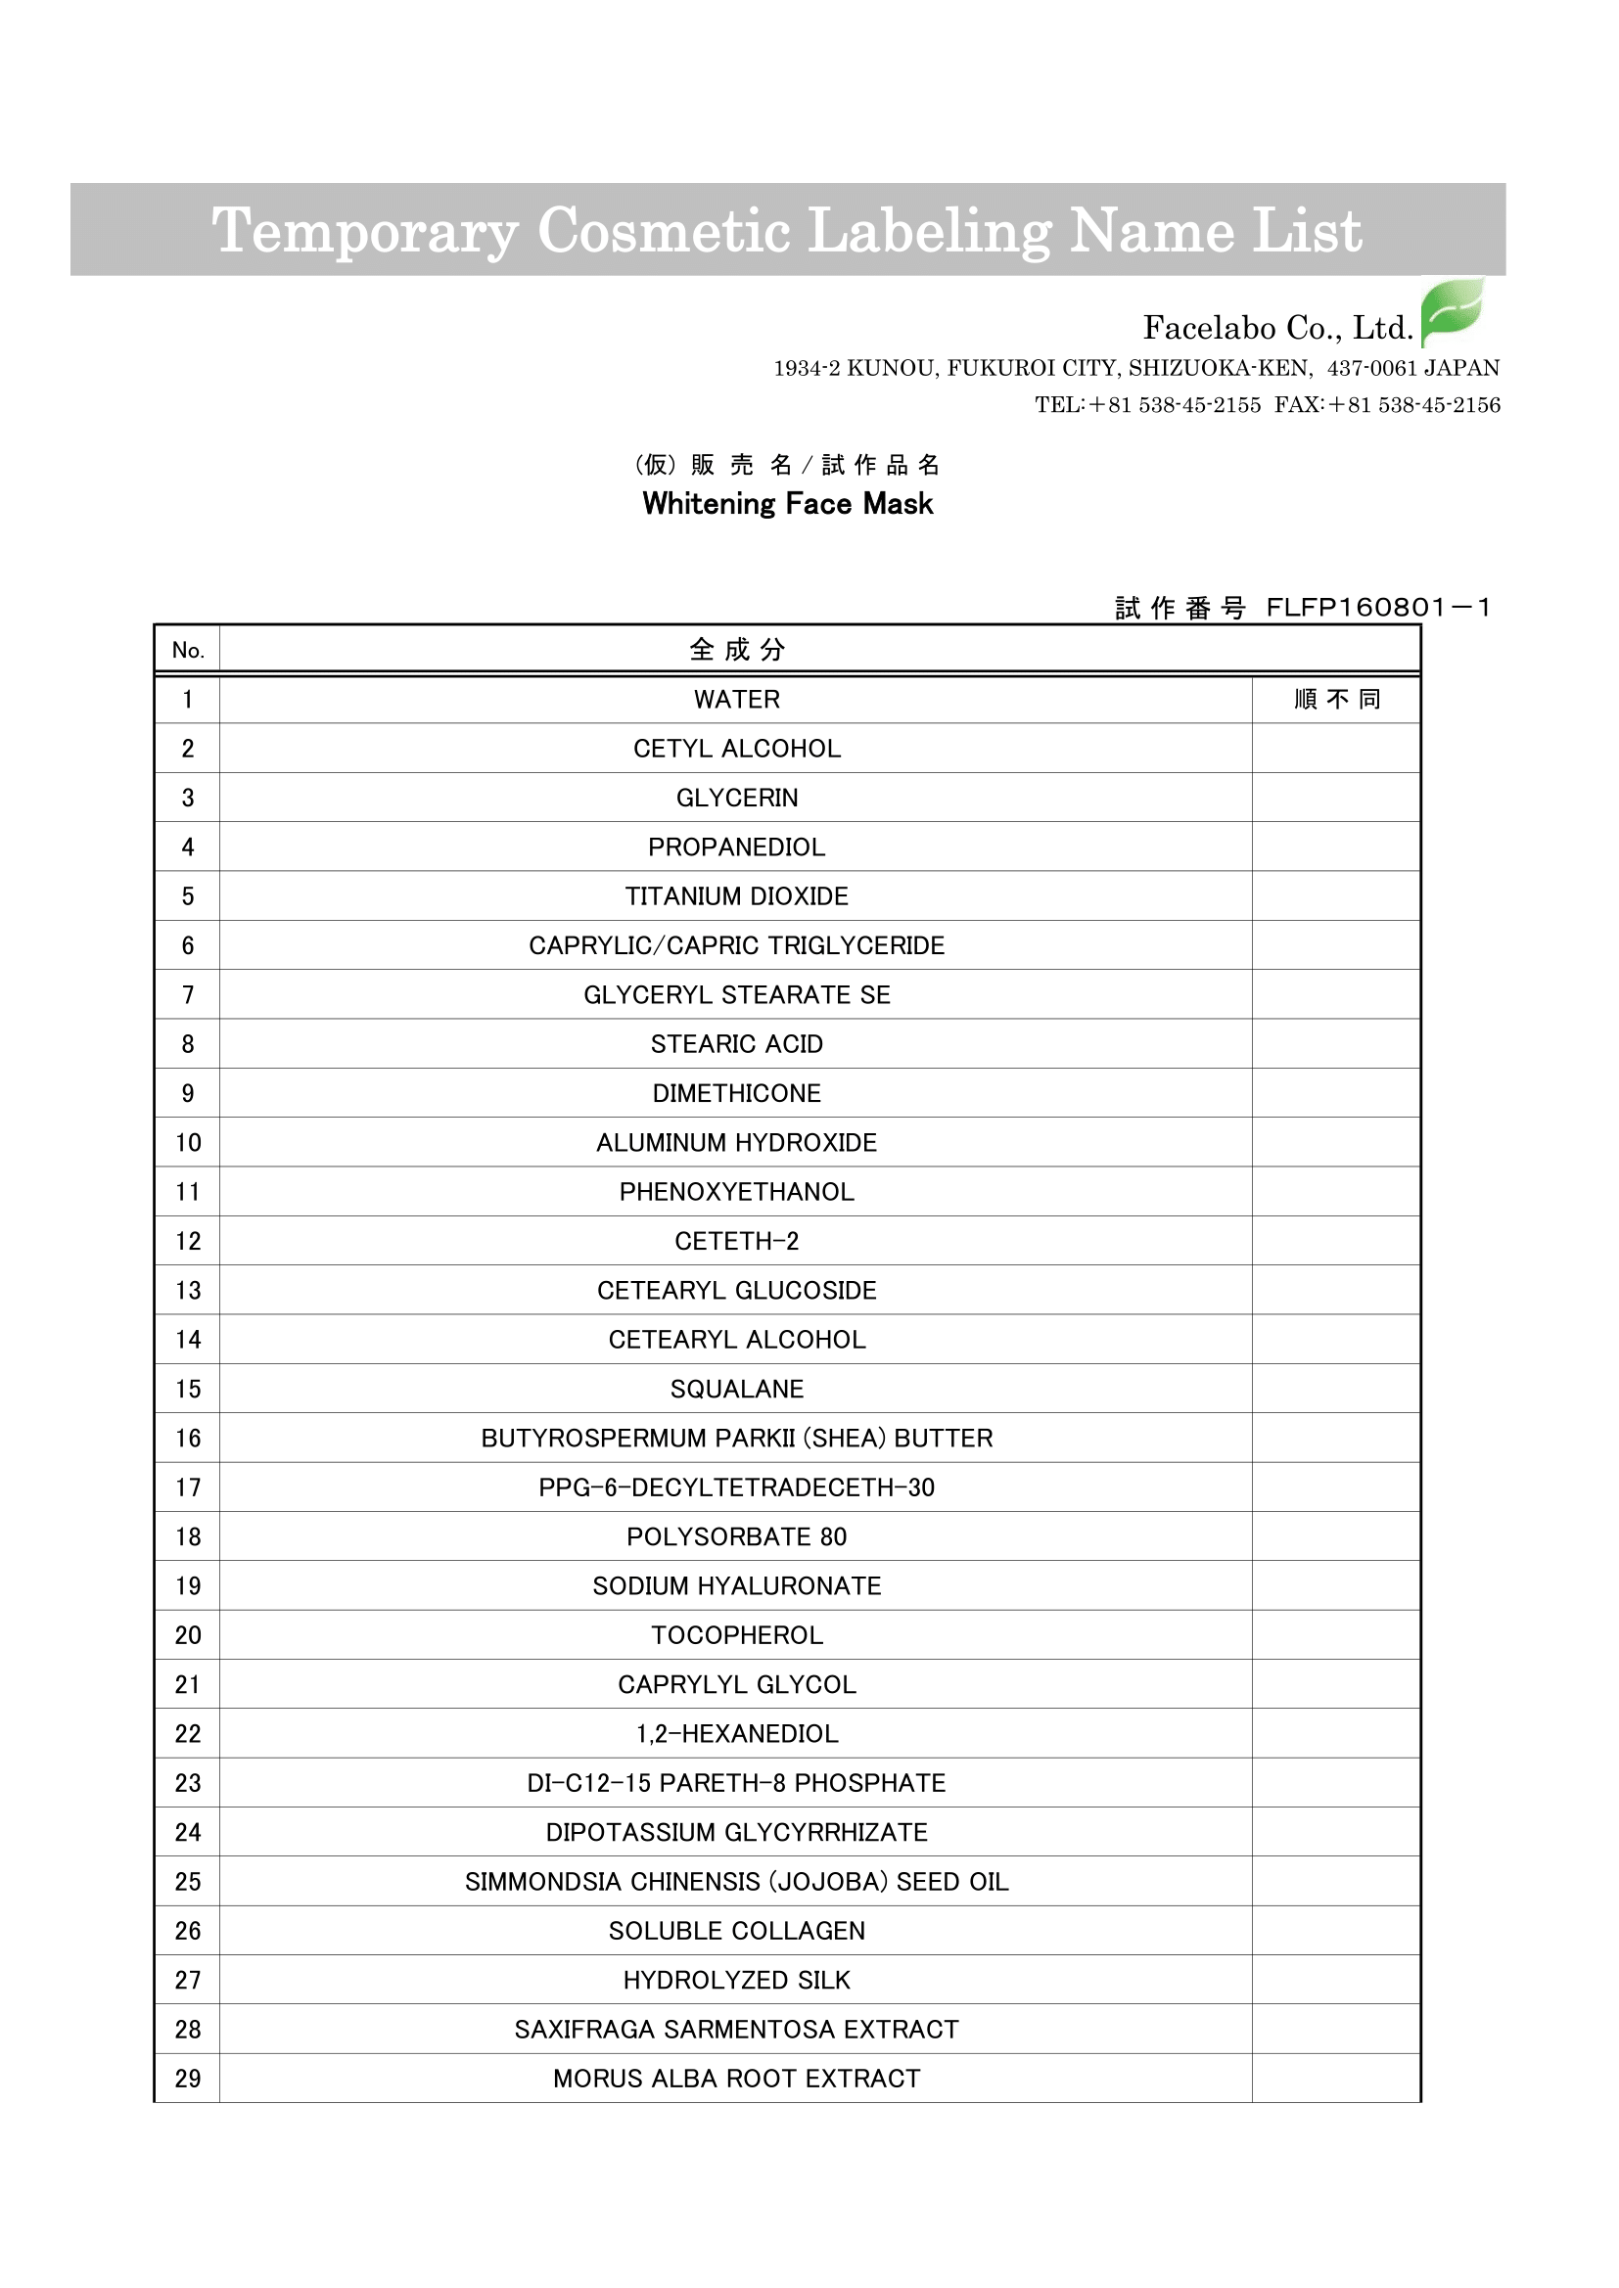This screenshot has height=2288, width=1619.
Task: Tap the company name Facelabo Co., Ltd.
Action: point(1277,328)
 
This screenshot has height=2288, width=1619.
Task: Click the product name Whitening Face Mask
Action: point(788,504)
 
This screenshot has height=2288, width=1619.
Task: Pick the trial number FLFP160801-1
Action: point(1378,608)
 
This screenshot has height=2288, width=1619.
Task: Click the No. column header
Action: point(187,651)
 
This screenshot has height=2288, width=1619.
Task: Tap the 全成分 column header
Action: point(737,651)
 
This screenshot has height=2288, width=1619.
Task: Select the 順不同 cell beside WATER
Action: point(1336,700)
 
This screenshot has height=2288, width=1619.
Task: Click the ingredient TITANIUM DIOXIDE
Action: point(737,896)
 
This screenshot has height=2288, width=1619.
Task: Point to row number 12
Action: point(187,1242)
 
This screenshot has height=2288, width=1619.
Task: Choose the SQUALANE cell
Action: point(737,1390)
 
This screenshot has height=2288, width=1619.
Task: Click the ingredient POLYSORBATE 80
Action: point(737,1536)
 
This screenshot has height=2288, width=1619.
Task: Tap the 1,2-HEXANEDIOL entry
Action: point(737,1734)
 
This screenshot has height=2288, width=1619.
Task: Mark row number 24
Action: point(187,1833)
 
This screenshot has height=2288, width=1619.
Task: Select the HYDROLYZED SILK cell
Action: point(737,1980)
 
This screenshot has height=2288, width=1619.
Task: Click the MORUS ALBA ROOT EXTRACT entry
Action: point(737,2079)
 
